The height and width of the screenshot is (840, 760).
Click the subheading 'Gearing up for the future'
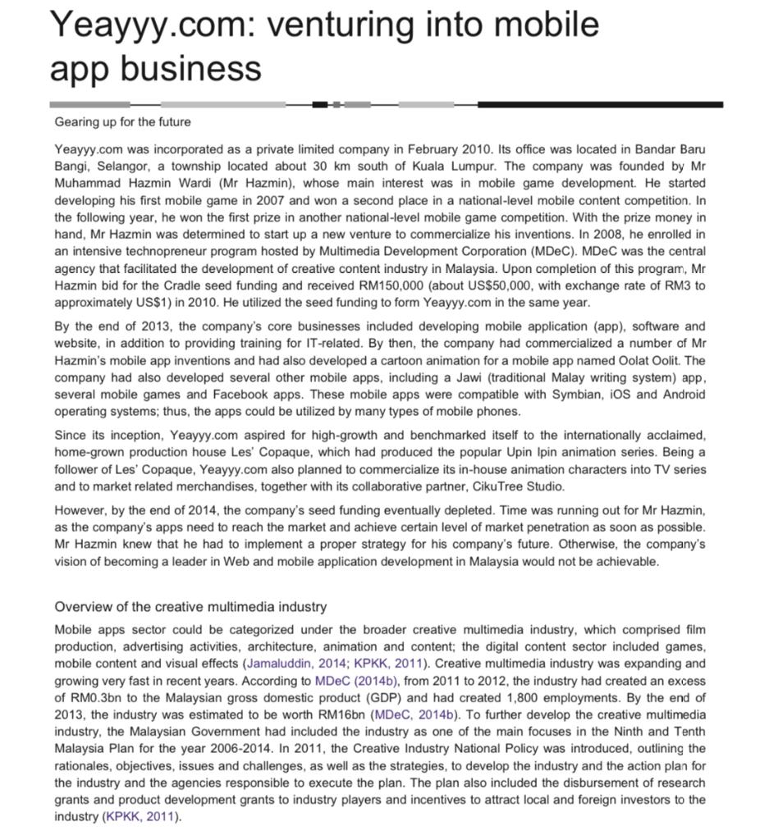click(x=122, y=122)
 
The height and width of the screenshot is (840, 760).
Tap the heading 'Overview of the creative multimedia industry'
click(x=190, y=607)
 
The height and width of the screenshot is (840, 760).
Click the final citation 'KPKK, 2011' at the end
click(x=140, y=817)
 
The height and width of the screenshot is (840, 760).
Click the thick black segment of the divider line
click(x=599, y=104)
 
